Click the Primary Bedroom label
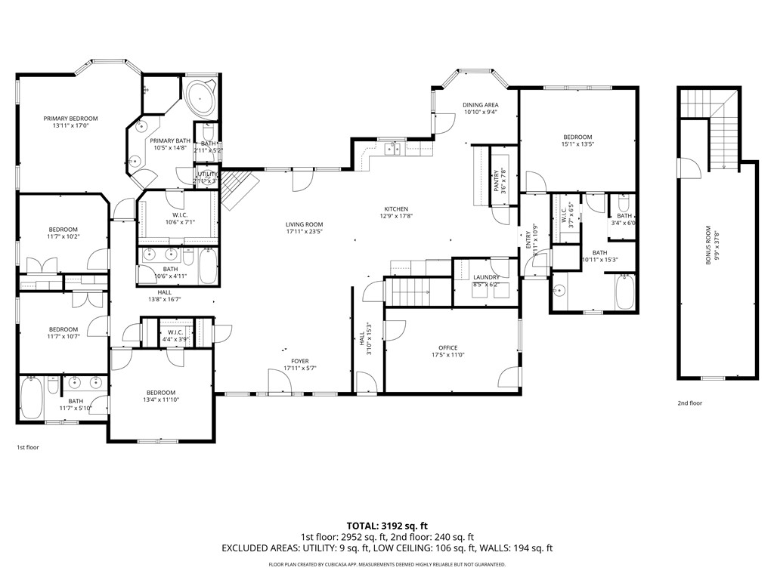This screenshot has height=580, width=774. coord(70,119)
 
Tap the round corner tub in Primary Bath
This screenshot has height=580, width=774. coord(200,97)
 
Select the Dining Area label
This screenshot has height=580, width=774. coord(480,105)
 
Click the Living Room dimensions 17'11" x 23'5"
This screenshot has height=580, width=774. coord(304,233)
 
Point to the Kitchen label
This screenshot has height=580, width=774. coord(395,209)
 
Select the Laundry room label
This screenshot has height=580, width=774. coord(486,277)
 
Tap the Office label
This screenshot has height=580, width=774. coord(447,347)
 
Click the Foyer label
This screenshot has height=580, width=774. coord(299,361)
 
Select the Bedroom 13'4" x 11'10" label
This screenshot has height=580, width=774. coord(161,392)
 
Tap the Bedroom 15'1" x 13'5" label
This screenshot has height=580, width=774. coord(577,137)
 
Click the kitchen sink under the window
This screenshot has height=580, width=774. coord(393,150)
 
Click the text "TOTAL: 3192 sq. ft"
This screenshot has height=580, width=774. coord(386,525)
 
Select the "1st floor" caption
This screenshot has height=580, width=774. coord(27,447)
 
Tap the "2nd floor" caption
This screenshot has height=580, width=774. coord(689,403)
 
